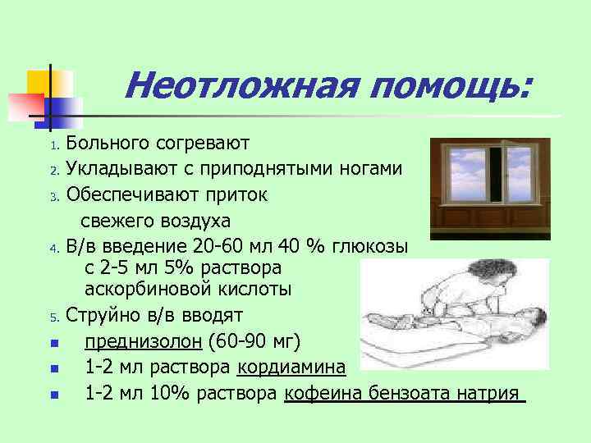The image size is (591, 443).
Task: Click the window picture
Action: click(x=490, y=183)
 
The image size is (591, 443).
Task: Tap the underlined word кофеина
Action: click(x=322, y=393)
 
